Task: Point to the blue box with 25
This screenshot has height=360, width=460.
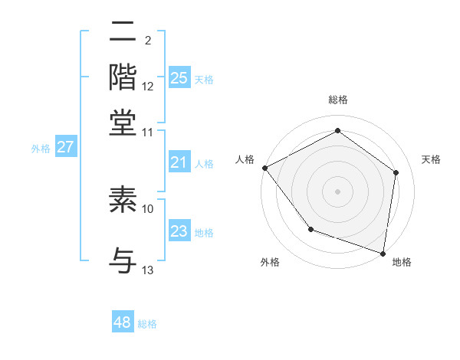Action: click(179, 77)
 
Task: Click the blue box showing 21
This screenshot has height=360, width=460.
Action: click(179, 162)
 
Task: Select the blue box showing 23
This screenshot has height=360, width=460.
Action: click(179, 232)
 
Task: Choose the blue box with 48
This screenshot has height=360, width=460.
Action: click(123, 322)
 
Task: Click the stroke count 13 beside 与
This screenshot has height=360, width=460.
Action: click(148, 270)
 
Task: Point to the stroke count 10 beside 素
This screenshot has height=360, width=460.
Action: click(148, 208)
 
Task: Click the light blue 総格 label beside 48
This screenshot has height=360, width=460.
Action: click(147, 324)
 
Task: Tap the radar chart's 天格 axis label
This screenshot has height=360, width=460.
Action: click(431, 159)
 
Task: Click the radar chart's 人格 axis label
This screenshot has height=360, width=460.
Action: click(245, 159)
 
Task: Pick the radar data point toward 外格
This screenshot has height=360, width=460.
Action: click(310, 229)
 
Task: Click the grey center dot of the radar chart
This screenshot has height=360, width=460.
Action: click(337, 191)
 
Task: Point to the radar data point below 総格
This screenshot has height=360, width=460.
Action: click(337, 131)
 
